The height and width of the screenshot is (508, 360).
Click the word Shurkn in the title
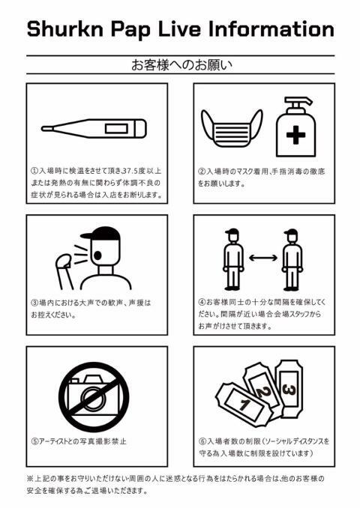click(64, 28)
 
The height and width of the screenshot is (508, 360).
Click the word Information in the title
click(271, 28)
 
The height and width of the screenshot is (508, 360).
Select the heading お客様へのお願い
click(181, 65)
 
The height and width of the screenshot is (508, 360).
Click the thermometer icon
click(94, 129)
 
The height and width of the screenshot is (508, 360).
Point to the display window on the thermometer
click(116, 129)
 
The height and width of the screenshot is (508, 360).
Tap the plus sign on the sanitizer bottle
click(295, 135)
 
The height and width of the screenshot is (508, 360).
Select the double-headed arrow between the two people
click(263, 258)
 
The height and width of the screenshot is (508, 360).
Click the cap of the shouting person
click(100, 233)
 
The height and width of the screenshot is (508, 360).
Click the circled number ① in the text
click(34, 170)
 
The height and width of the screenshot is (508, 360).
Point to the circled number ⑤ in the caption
click(34, 441)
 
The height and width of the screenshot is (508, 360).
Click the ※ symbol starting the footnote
click(30, 479)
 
